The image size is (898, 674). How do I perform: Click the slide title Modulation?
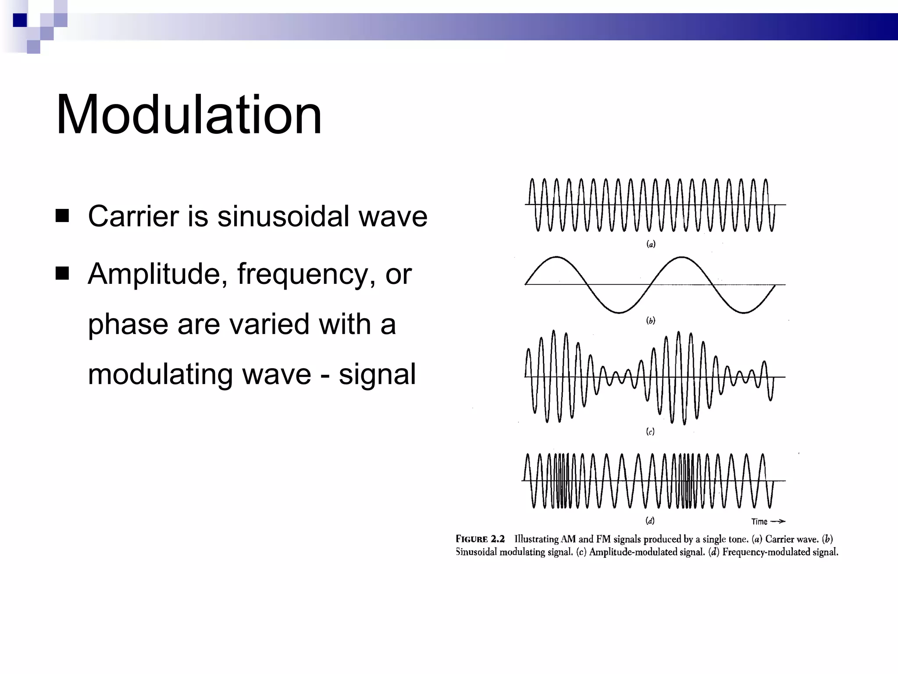[x=189, y=115]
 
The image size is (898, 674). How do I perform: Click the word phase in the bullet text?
[x=128, y=325]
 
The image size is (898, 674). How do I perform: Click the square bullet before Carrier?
[x=62, y=216]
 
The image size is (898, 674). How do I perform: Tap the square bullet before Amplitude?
[x=62, y=273]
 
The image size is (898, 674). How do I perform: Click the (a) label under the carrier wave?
[x=651, y=244]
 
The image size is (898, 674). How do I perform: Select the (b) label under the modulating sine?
[x=651, y=321]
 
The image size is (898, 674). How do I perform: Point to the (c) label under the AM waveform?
[x=650, y=432]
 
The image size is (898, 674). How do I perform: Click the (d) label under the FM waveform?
[x=650, y=521]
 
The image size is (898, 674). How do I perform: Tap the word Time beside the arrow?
[x=759, y=522]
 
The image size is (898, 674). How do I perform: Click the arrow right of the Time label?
[x=778, y=522]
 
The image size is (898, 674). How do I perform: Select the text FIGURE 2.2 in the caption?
[x=480, y=539]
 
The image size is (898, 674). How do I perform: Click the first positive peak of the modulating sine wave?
[x=556, y=257]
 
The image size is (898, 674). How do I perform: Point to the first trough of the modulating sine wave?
[x=619, y=312]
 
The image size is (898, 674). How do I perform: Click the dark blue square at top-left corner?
[x=20, y=20]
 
